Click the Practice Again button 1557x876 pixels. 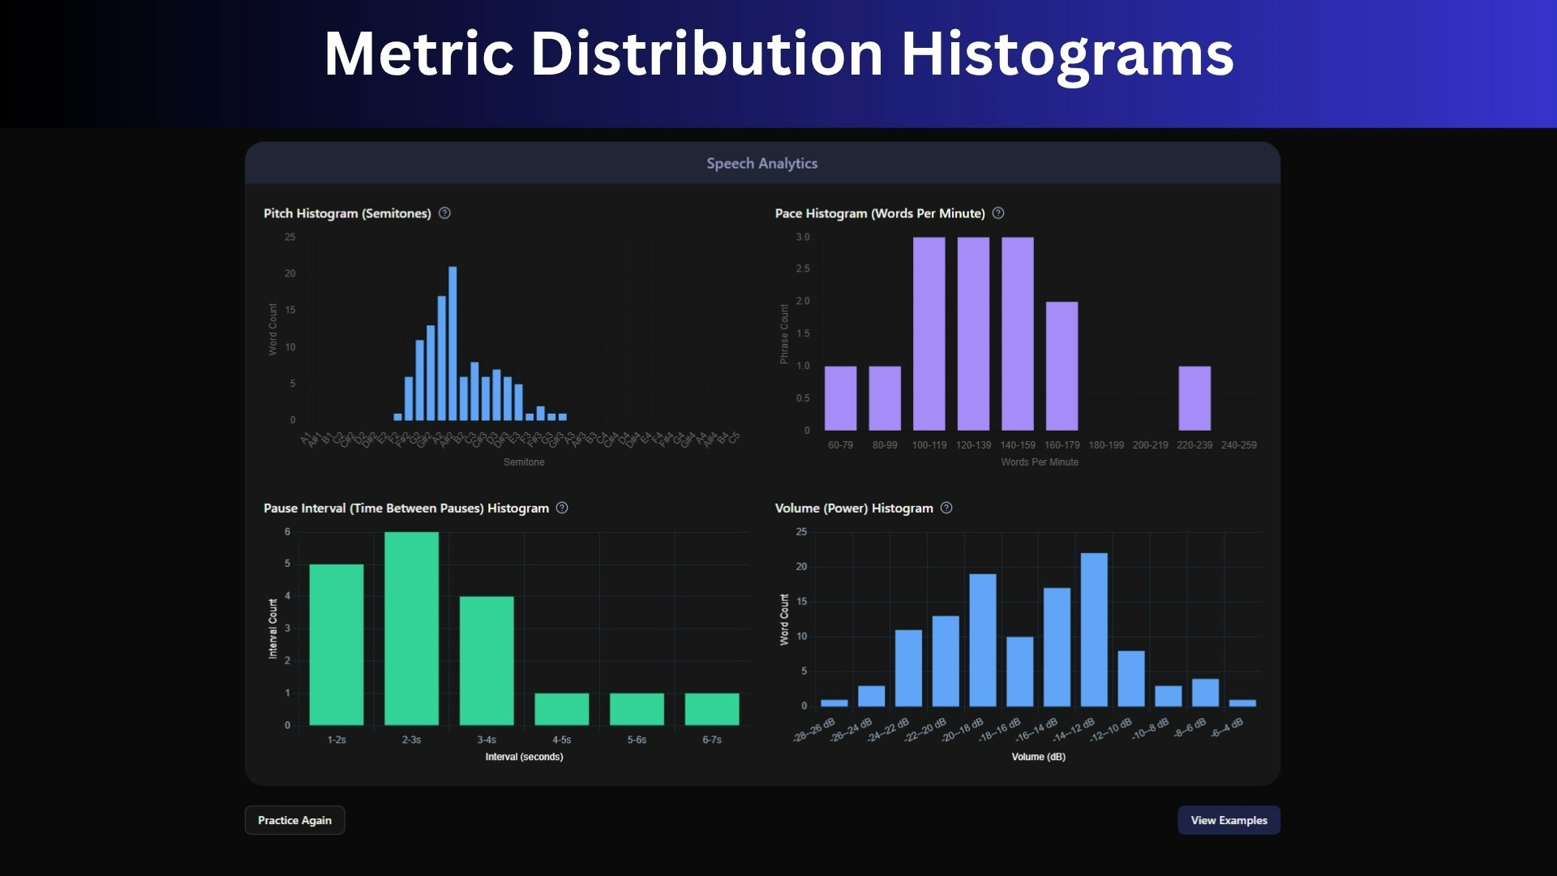(294, 820)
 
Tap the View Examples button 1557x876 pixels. (1229, 820)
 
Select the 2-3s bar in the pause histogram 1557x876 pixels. (411, 629)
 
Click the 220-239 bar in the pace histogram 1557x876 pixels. (1195, 398)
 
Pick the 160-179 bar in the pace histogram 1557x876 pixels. (1062, 366)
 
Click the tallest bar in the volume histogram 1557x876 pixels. (1094, 629)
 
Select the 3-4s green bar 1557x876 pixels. (487, 660)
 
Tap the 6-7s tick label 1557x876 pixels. (712, 740)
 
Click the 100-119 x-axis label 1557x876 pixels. (929, 445)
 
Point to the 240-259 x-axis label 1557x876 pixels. (1238, 445)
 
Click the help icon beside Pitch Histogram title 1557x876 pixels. (444, 213)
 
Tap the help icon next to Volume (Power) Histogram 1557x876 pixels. (946, 508)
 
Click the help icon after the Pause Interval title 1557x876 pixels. (562, 508)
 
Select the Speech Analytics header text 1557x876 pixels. (761, 163)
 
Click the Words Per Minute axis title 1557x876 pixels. (1040, 462)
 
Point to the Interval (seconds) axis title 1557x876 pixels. (524, 757)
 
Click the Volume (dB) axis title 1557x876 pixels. (1038, 757)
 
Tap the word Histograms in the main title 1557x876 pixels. (1067, 54)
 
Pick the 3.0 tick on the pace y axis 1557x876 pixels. (802, 238)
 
